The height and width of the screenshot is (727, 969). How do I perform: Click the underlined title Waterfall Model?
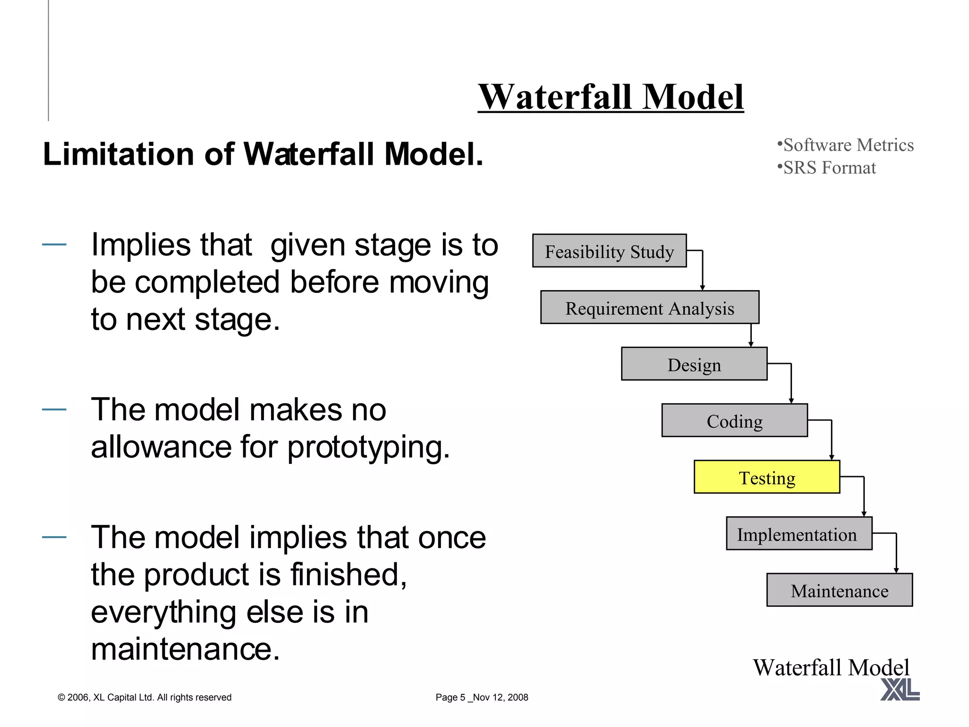610,97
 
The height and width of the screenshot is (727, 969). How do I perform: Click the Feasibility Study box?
609,251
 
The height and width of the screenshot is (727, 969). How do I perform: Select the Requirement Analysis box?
649,308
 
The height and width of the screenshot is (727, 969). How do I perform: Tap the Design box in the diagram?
694,364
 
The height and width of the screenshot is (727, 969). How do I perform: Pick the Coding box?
734,420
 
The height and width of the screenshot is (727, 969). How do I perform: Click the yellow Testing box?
766,477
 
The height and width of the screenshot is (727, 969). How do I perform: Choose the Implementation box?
799,533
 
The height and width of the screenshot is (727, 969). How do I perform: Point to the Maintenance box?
839,590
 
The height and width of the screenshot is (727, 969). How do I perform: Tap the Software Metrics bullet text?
848,145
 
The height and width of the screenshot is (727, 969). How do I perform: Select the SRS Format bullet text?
829,168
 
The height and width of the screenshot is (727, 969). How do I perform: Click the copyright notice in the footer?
144,697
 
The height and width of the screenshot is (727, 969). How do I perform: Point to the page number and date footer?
482,697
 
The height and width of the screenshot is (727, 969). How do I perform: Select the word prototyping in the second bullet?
368,447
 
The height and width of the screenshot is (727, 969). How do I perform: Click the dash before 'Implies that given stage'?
54,245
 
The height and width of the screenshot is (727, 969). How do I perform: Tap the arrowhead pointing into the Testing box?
831,457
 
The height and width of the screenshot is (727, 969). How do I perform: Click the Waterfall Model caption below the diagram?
831,667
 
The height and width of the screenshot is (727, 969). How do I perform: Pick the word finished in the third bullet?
348,575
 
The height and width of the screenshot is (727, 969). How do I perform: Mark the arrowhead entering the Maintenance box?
896,570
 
